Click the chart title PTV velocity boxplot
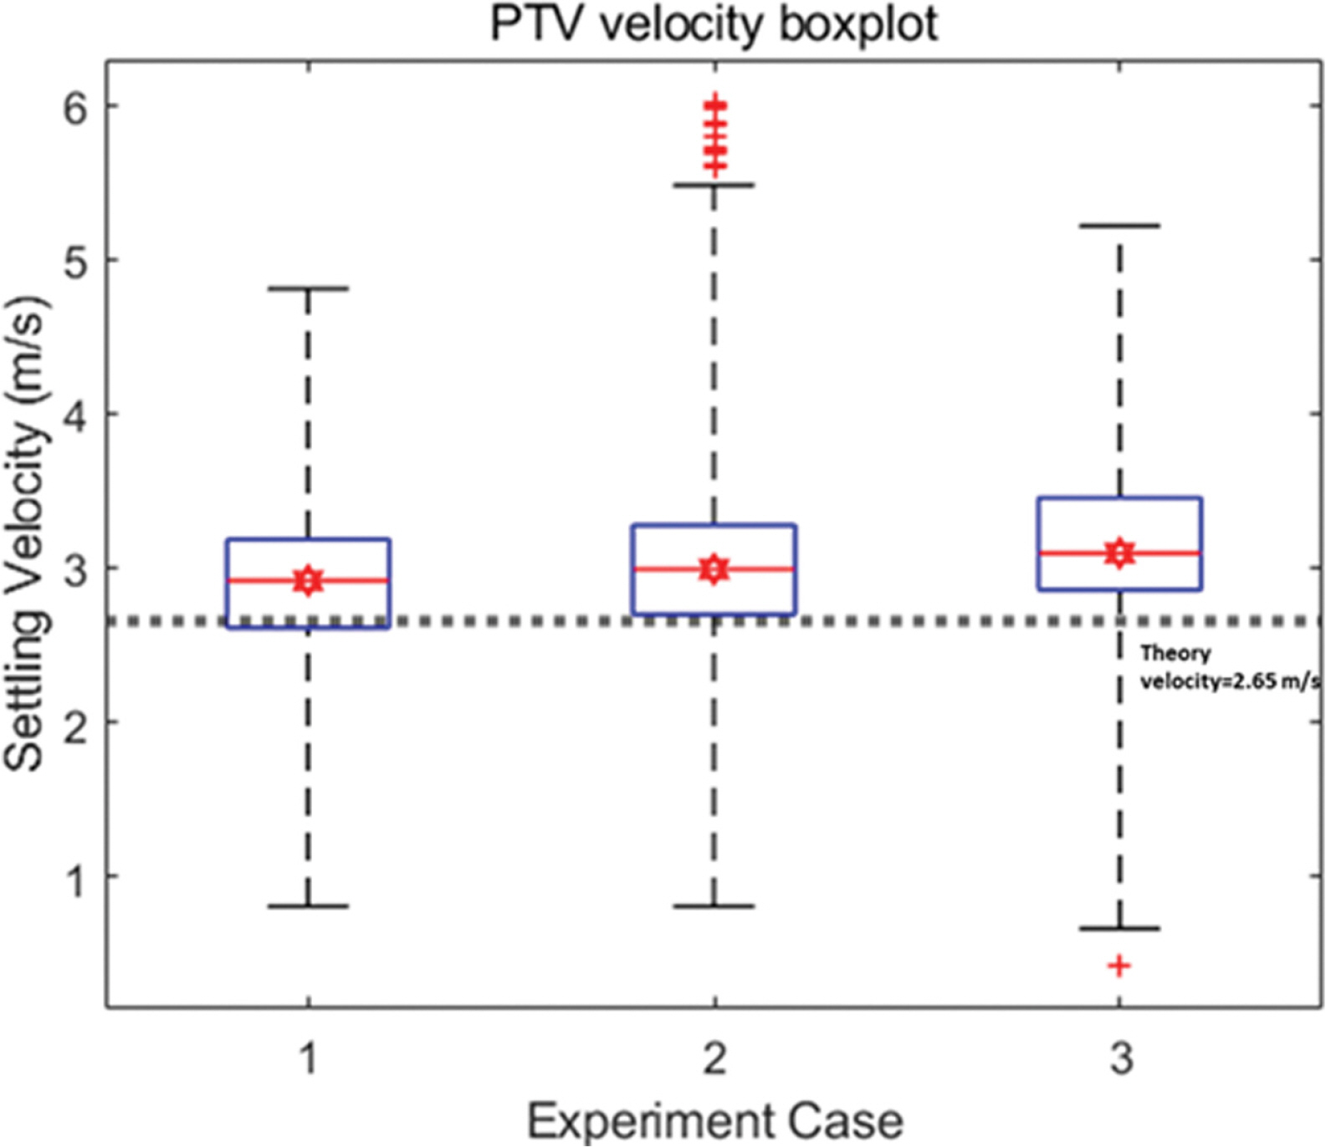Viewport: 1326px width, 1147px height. coord(714,24)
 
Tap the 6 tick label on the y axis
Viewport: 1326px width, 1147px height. coord(75,107)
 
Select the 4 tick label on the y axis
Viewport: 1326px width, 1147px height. coord(75,415)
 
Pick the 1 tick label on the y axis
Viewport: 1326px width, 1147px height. coord(75,878)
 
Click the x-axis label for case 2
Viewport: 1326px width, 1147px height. coord(714,1058)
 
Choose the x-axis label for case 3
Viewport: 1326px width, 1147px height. coord(1120,1058)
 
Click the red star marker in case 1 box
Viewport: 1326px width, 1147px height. coord(308,579)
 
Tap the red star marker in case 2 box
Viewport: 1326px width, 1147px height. coord(714,569)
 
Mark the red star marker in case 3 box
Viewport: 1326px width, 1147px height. coord(1119,553)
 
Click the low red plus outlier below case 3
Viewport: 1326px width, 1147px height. coord(1119,966)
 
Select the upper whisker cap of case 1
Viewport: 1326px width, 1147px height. coord(308,288)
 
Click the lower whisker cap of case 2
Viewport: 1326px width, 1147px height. coord(714,906)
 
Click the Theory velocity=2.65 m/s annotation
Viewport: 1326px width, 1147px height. coord(1228,667)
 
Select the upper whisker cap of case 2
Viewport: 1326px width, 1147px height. coord(714,185)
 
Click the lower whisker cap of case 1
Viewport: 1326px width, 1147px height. coord(308,906)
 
